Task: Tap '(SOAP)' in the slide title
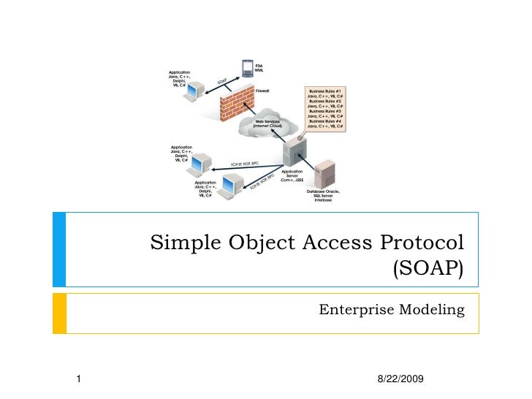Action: [x=428, y=270]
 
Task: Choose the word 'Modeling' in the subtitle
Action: [x=433, y=311]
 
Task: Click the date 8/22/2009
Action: [x=401, y=378]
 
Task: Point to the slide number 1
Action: [x=78, y=378]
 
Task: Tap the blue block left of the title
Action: [x=58, y=249]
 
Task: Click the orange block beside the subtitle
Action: [x=58, y=313]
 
